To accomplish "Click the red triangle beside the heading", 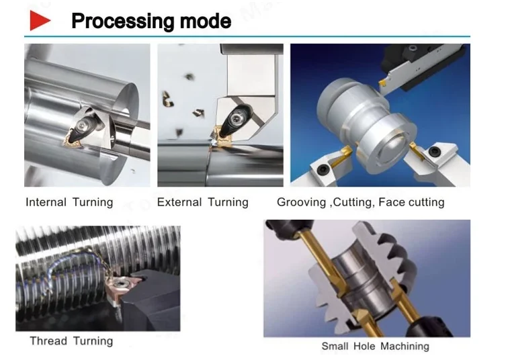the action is (x=40, y=20).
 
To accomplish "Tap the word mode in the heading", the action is (x=206, y=21).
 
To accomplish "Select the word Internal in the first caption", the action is (x=46, y=202).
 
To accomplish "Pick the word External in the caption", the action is (x=179, y=202).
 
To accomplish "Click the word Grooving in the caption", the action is (x=301, y=202).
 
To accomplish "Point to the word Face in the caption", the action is (x=392, y=202).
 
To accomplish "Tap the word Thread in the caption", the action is (x=48, y=341).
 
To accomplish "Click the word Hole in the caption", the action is (x=364, y=346).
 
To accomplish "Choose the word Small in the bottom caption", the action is (x=335, y=346).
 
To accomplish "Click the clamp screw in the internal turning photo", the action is (x=85, y=124).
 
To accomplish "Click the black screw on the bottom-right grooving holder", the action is (x=434, y=152).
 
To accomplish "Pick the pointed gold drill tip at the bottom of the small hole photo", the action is (x=361, y=316).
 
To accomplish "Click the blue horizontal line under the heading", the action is (x=247, y=36).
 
